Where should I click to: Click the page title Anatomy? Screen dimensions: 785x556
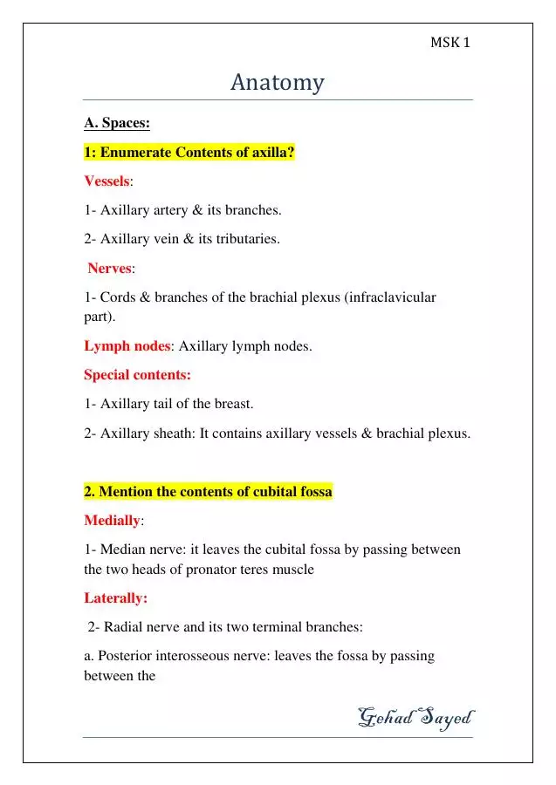pyautogui.click(x=278, y=83)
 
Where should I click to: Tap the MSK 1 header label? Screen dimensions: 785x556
pyautogui.click(x=450, y=42)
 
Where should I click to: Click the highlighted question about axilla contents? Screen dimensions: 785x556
pyautogui.click(x=189, y=153)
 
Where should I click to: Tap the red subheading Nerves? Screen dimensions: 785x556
pyautogui.click(x=109, y=268)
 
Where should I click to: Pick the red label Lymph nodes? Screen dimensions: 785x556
pyautogui.click(x=127, y=346)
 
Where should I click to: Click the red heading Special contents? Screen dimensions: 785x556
pyautogui.click(x=137, y=375)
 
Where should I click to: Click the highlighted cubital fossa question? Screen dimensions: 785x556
pyautogui.click(x=208, y=492)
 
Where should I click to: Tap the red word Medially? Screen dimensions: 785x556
pyautogui.click(x=112, y=521)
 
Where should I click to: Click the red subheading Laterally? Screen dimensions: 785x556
pyautogui.click(x=116, y=597)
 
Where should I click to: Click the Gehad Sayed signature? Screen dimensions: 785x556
pyautogui.click(x=415, y=718)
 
